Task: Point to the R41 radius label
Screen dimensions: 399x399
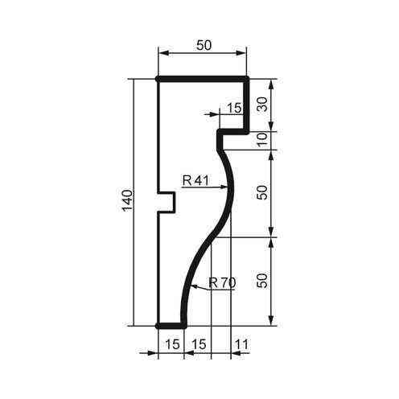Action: (195, 180)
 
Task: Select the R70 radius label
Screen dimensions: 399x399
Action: (222, 282)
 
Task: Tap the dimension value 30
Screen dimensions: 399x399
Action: (261, 104)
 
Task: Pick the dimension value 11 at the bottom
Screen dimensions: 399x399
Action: (241, 343)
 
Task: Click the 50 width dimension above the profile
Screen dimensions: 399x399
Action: (204, 46)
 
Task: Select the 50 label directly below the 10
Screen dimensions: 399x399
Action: (261, 194)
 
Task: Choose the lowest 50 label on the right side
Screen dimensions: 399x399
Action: (261, 281)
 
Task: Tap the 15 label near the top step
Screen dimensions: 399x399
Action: (234, 107)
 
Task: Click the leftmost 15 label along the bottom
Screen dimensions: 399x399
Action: (171, 343)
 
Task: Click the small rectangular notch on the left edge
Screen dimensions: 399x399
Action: (167, 201)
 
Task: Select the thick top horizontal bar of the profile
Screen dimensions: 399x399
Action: (201, 80)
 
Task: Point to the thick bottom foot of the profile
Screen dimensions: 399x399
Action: (171, 326)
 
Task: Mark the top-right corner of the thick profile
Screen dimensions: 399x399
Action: (246, 80)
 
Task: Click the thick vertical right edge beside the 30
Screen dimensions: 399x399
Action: (246, 105)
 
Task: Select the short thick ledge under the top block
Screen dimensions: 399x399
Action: (233, 130)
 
